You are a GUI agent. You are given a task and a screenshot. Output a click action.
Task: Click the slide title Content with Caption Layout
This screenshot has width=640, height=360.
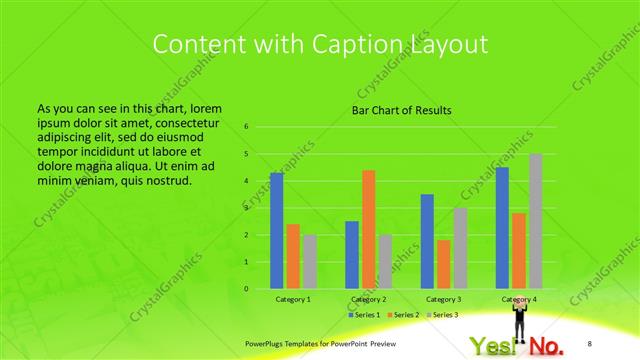320,44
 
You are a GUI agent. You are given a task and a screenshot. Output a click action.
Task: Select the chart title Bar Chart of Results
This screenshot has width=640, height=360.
401,110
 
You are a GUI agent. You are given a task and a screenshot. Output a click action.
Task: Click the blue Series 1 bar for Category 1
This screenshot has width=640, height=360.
276,230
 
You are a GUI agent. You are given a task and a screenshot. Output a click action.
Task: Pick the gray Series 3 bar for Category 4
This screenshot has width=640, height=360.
536,221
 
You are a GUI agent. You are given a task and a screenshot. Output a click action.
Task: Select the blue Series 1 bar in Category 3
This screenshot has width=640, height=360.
427,241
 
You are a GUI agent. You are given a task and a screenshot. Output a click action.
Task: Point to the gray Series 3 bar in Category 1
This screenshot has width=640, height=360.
309,261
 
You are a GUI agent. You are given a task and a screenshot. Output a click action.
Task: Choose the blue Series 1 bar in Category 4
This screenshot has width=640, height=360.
502,227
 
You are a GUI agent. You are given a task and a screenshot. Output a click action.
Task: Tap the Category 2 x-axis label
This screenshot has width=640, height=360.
368,299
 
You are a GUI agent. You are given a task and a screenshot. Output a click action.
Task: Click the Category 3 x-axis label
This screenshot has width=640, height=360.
444,299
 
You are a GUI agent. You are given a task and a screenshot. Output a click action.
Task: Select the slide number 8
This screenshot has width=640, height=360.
589,343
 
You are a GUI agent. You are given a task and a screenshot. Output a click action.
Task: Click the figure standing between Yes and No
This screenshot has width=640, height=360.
520,325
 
